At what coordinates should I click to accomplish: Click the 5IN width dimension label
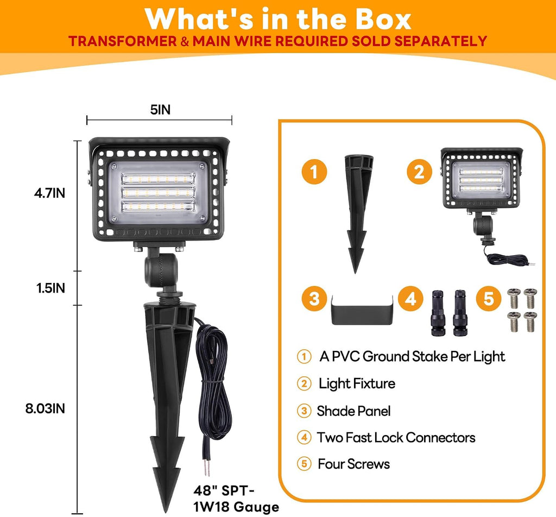(x=160, y=110)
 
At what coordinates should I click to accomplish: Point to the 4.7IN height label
(x=49, y=193)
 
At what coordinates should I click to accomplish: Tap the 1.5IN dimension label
(x=50, y=288)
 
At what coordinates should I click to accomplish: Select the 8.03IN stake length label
(x=45, y=408)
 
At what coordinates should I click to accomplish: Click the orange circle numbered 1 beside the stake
(x=314, y=172)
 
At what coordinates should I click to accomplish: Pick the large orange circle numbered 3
(x=314, y=298)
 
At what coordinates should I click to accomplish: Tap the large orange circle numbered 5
(x=489, y=298)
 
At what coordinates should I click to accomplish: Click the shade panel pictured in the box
(x=362, y=310)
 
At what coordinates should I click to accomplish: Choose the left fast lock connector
(x=438, y=313)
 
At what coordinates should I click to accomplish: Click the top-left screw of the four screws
(x=513, y=298)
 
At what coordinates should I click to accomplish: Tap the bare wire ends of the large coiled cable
(x=206, y=468)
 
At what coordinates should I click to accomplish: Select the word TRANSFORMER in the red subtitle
(x=123, y=41)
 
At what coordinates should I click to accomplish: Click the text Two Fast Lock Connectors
(x=396, y=438)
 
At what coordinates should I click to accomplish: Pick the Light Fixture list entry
(x=357, y=383)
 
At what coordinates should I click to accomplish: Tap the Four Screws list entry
(x=353, y=464)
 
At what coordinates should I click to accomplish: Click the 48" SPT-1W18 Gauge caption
(x=236, y=499)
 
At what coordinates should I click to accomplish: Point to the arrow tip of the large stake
(x=165, y=510)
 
